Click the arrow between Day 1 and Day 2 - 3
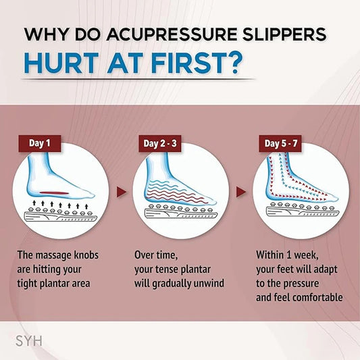pyautogui.click(x=121, y=192)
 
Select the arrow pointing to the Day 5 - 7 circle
pyautogui.click(x=240, y=192)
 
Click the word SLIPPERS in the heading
pyautogui.click(x=287, y=35)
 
